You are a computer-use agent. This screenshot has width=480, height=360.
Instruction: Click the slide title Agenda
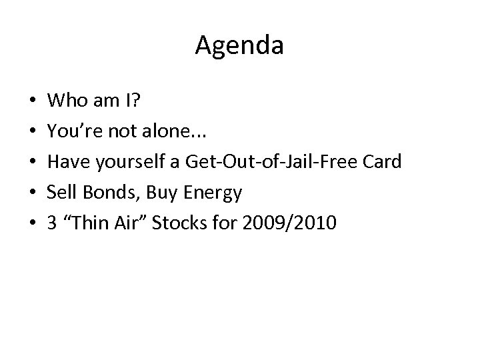point(239,46)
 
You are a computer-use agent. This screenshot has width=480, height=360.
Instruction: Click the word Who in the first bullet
point(65,101)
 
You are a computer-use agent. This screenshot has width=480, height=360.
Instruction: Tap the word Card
point(383,162)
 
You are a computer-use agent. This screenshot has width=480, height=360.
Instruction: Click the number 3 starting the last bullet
point(52,223)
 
